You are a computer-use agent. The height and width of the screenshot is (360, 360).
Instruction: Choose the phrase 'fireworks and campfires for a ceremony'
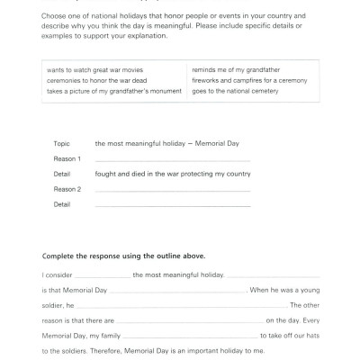[x=252, y=80]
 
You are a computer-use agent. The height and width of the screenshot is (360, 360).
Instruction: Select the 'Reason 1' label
[x=67, y=158]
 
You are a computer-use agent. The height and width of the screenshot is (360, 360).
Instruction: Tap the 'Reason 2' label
[x=67, y=189]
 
